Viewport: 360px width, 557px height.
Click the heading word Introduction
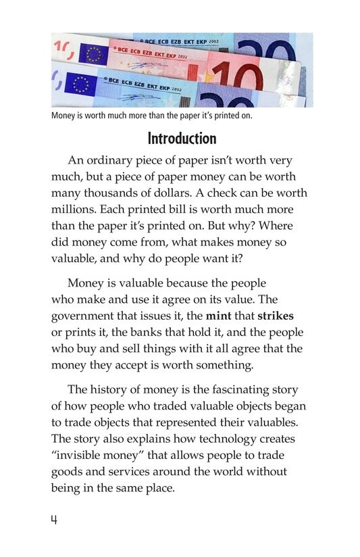(x=182, y=139)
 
